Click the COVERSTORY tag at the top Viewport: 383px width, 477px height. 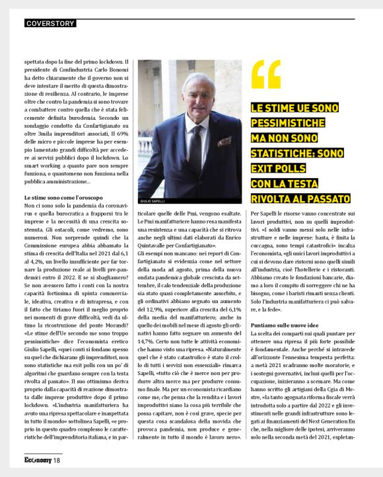pos(50,24)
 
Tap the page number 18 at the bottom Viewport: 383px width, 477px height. pos(57,459)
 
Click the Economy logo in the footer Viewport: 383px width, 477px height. pos(37,459)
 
